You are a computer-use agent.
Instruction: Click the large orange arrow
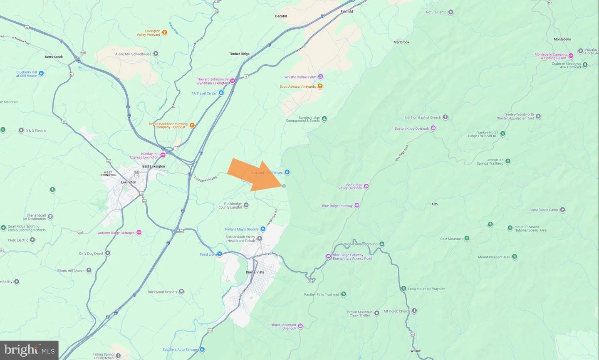[255, 175]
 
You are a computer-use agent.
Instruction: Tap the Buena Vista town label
[255, 272]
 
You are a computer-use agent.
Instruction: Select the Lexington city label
[129, 182]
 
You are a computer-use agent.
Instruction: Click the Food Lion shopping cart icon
[219, 254]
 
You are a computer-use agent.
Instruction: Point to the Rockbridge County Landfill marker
[246, 205]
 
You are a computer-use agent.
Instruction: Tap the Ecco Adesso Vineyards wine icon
[320, 86]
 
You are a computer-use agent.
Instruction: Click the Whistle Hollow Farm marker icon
[320, 77]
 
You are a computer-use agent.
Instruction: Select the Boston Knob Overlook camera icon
[433, 128]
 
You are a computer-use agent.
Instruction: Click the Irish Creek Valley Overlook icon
[366, 186]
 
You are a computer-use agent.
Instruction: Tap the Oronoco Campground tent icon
[382, 244]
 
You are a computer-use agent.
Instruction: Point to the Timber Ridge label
[239, 54]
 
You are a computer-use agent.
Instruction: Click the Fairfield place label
[347, 12]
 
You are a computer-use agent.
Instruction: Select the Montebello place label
[562, 39]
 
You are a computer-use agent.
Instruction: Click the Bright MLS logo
[29, 350]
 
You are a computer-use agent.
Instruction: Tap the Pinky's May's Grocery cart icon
[263, 229]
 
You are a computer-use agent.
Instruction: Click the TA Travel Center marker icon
[221, 93]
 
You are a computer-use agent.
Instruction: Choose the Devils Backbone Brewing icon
[192, 125]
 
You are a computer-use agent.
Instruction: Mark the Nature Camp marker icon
[450, 12]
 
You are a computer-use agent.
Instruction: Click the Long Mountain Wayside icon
[403, 288]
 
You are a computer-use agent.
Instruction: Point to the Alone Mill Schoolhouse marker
[156, 54]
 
